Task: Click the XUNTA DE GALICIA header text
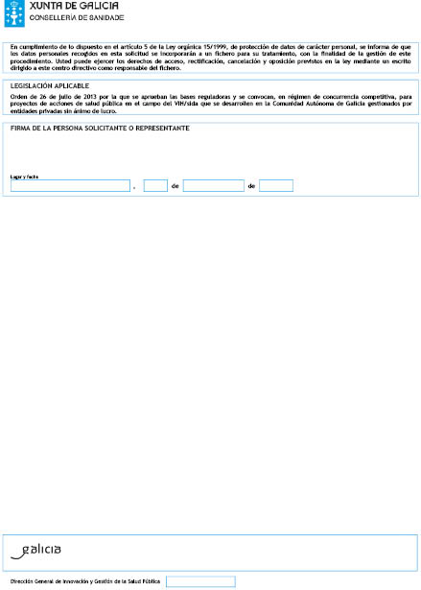coord(76,8)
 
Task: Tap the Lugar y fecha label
coord(25,177)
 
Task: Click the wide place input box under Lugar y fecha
coord(70,186)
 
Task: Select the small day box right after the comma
coord(155,186)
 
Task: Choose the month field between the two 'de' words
coord(213,186)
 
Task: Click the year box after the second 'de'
coord(275,186)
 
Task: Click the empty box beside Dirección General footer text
coord(200,581)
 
